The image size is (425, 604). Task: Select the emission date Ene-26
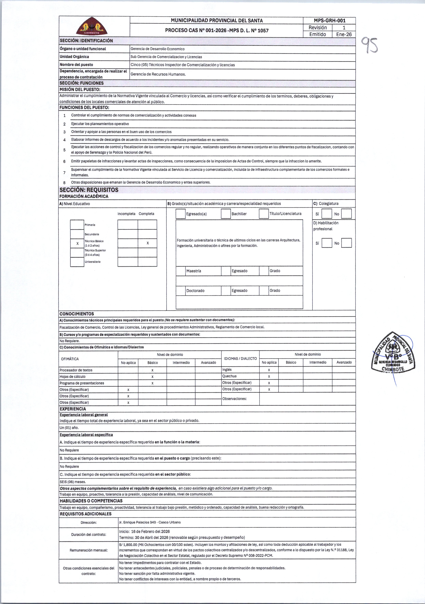[344, 34]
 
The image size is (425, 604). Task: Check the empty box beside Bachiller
[226, 214]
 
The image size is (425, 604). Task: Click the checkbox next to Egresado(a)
[180, 214]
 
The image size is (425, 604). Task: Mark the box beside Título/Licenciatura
[263, 214]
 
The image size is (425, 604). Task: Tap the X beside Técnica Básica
[77, 244]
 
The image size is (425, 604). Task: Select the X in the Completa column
[148, 243]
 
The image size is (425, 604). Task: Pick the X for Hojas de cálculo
[152, 377]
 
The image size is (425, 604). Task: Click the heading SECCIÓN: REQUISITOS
[89, 190]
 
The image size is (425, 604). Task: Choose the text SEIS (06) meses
[73, 482]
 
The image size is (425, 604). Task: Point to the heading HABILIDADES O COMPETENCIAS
[91, 501]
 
